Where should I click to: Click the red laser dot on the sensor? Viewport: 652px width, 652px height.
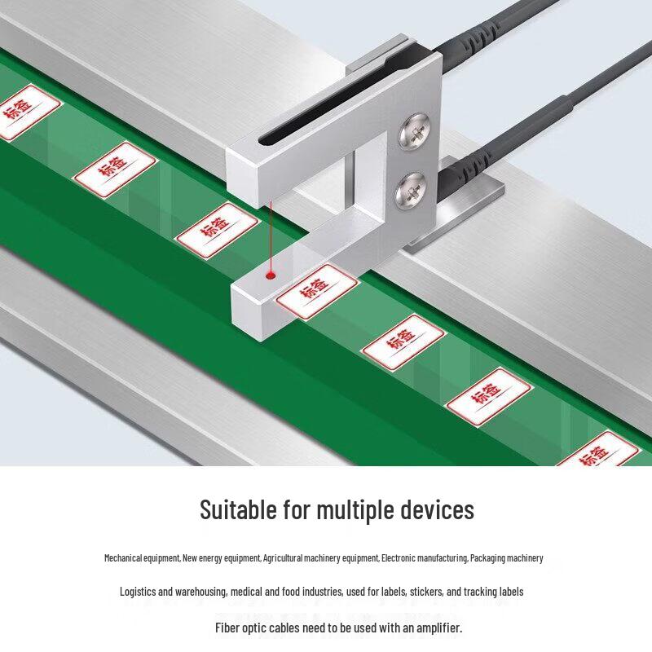271,275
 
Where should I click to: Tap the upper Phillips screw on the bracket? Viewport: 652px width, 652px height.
415,131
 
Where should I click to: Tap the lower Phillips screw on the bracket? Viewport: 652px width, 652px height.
411,191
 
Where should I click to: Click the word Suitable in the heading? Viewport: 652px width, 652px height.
238,509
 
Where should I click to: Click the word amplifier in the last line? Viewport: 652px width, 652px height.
439,628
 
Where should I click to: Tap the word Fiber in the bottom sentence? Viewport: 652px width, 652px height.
227,628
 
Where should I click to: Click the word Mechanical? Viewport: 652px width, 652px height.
123,558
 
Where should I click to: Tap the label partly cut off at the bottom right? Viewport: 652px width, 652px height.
599,450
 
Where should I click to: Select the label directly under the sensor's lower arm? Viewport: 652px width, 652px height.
317,291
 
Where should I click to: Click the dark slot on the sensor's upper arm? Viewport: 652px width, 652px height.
325,99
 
